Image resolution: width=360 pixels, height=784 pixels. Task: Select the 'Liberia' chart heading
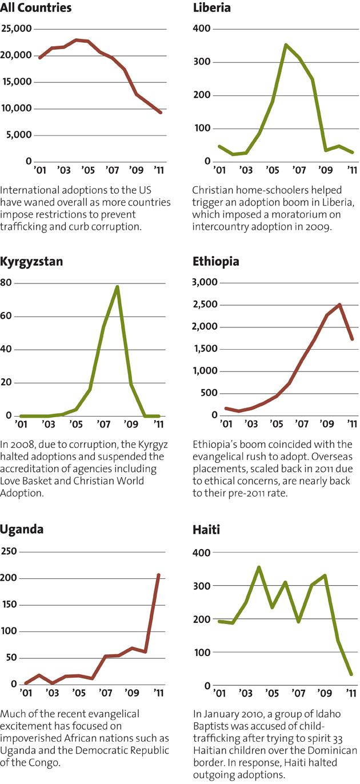[211, 9]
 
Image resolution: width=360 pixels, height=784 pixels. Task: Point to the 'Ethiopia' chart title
[216, 262]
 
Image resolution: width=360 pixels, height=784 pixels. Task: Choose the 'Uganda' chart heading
[22, 529]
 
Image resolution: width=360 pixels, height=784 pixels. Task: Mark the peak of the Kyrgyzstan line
[118, 287]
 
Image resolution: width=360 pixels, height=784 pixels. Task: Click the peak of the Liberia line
[286, 45]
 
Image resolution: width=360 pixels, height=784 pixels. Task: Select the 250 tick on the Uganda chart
[10, 551]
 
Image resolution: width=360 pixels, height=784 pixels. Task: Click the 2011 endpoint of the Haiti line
[351, 674]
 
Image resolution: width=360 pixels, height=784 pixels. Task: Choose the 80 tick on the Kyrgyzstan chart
[7, 283]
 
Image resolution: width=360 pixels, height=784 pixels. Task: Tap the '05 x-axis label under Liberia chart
[273, 170]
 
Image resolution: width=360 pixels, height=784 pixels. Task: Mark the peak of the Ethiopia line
[340, 305]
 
